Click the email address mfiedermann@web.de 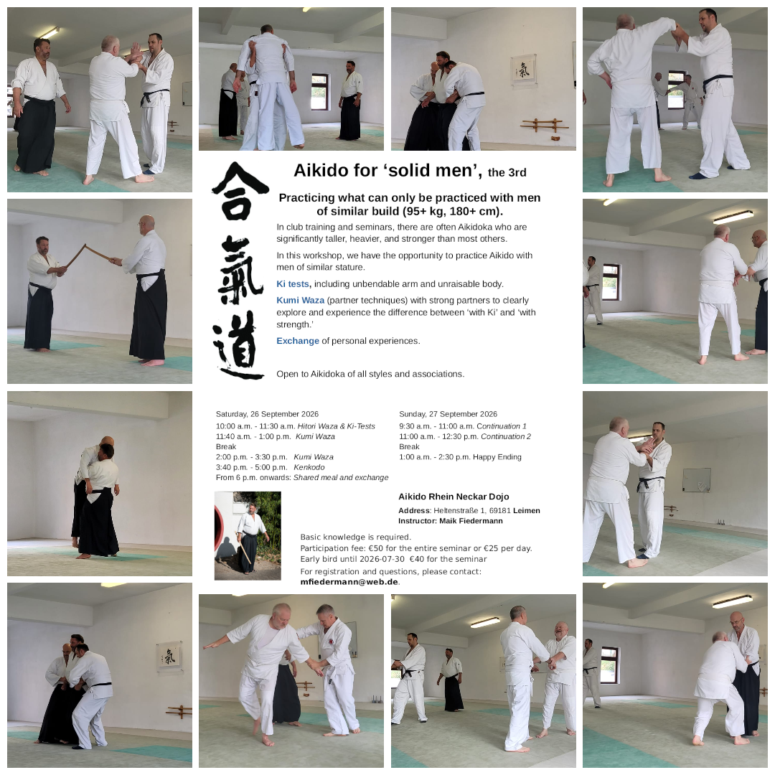click(x=349, y=582)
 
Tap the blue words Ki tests click(x=293, y=283)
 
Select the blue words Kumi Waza click(x=301, y=300)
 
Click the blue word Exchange click(x=298, y=341)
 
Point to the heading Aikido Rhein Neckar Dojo click(x=454, y=497)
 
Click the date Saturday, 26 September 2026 click(x=267, y=414)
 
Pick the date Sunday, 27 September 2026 click(x=448, y=414)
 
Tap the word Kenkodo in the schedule click(x=309, y=467)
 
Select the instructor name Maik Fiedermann click(x=471, y=521)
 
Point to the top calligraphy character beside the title click(x=240, y=192)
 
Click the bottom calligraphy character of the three click(x=238, y=345)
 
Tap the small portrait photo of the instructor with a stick click(x=248, y=536)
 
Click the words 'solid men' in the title click(x=433, y=171)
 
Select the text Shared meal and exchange click(x=341, y=477)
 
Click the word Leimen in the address click(x=527, y=511)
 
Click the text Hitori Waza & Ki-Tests click(x=336, y=426)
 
